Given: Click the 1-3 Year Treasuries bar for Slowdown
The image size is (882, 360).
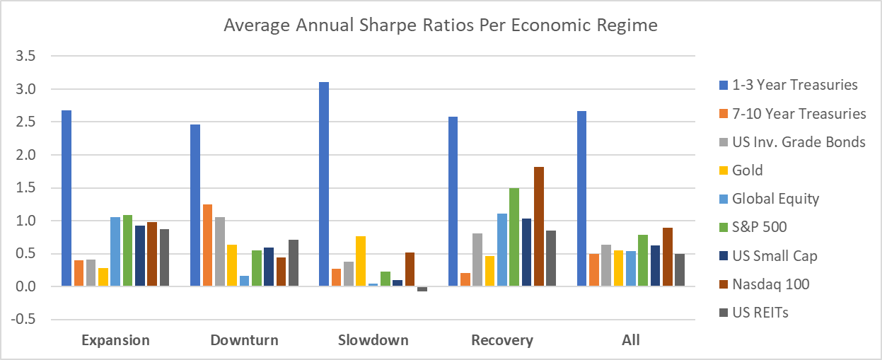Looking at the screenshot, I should tap(324, 184).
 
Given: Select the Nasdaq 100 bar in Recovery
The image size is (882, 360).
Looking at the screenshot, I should tap(539, 226).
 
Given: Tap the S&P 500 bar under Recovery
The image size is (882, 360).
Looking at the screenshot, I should tap(513, 237).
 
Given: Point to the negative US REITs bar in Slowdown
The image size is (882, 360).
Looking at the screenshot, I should tap(422, 289).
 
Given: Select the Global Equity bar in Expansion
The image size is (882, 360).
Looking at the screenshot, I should tap(115, 251).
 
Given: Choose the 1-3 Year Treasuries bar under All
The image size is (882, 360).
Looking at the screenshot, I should tap(581, 199).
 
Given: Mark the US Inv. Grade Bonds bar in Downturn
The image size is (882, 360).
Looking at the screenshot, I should tap(221, 252).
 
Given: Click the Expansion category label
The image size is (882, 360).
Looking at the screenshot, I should tap(116, 340).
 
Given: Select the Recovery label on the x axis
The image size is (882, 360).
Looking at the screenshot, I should tap(501, 340).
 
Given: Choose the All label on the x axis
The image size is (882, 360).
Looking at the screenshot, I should tap(631, 340).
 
